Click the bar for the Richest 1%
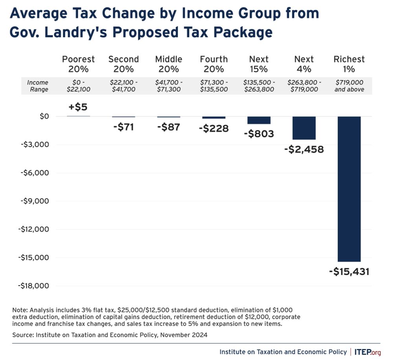[349, 189]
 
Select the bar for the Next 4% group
[304, 128]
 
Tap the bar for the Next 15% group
[259, 120]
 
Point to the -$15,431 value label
[349, 271]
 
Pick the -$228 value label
[213, 128]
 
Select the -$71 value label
[123, 127]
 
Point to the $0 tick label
[44, 116]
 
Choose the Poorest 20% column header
[78, 64]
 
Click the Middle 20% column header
[169, 64]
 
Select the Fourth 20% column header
[214, 64]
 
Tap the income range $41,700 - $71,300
[169, 86]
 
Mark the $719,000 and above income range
[349, 86]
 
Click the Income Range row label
[38, 86]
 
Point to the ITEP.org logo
[367, 351]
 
